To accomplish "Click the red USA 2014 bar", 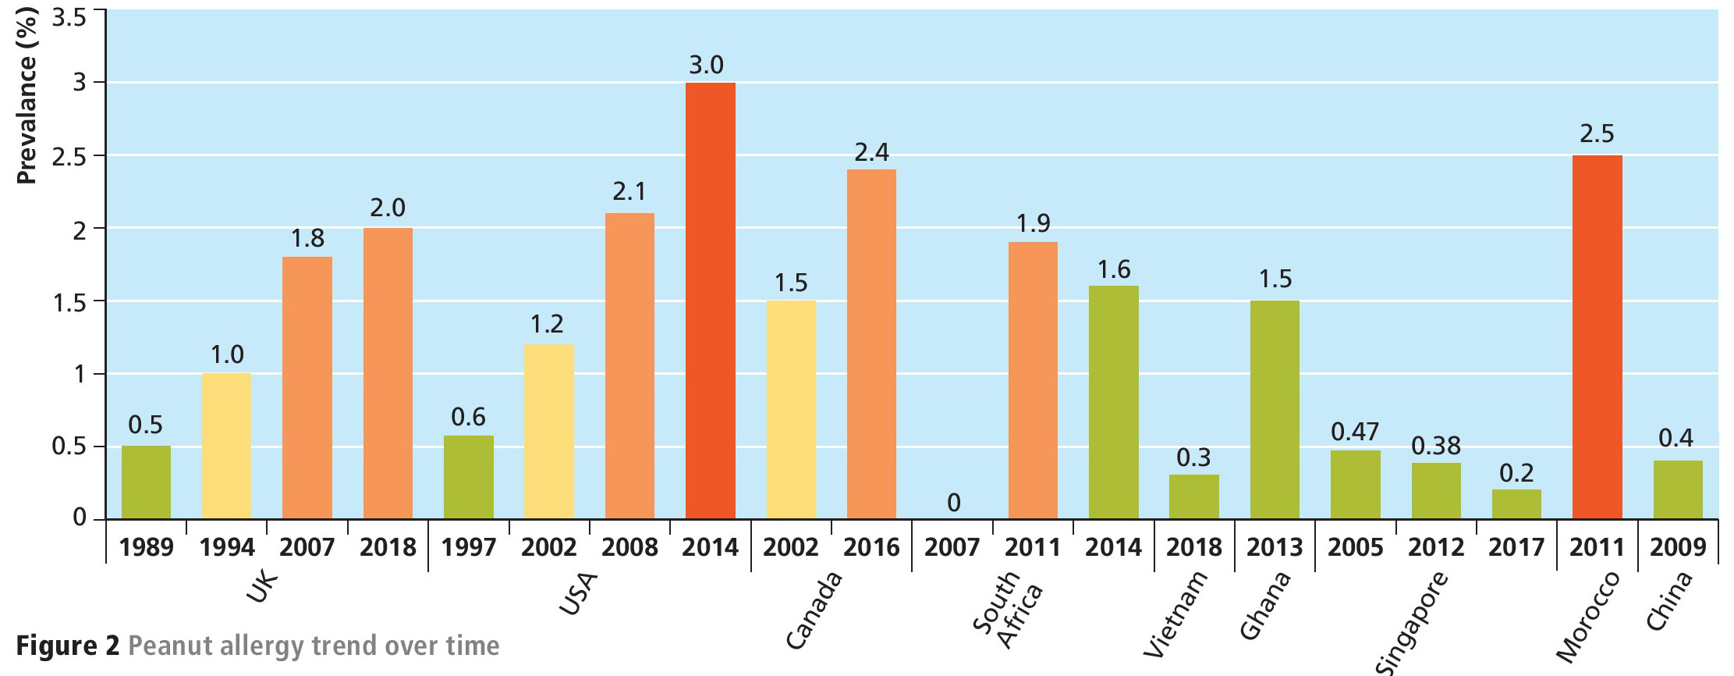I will point(710,301).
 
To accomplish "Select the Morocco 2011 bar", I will point(1597,337).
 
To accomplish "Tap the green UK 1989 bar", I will point(146,482).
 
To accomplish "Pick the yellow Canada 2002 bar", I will point(791,410).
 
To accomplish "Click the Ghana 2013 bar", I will point(1275,410).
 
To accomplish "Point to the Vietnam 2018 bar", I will point(1193,497).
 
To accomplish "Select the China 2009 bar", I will point(1677,490).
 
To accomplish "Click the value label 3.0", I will point(706,65).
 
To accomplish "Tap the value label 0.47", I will point(1355,432).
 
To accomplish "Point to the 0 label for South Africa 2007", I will point(953,503).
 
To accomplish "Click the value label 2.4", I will point(871,152).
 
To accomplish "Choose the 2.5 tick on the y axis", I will point(69,156).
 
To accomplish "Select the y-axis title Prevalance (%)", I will point(27,95).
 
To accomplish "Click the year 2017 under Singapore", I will point(1516,547).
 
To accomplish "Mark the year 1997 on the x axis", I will point(468,547).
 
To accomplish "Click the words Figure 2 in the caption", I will point(68,646).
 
